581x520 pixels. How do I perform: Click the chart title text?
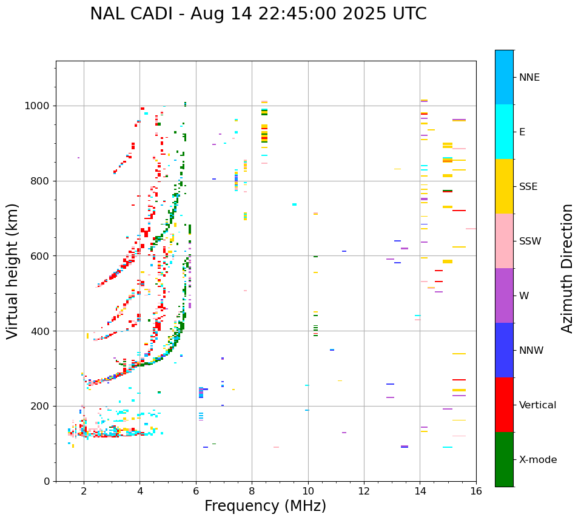258,14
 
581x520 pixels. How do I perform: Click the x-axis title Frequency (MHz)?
265,506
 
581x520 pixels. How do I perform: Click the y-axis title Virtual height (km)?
13,271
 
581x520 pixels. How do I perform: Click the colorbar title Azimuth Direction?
567,268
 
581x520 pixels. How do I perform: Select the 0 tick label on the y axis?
47,481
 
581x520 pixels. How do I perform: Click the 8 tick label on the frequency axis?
252,490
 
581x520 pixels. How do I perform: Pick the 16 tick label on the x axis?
476,490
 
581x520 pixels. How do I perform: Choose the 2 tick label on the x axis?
84,490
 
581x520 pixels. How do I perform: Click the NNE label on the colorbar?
529,78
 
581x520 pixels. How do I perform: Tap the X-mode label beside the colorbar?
537,460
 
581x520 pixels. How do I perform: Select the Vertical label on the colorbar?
537,405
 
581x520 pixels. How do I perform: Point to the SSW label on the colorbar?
530,241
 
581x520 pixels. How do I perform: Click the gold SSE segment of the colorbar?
504,186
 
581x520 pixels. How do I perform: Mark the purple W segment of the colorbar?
504,295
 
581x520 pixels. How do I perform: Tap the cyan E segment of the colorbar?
504,132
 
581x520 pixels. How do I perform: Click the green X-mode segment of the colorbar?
504,459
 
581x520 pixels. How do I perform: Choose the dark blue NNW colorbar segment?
504,350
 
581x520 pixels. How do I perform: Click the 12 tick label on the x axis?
364,490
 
